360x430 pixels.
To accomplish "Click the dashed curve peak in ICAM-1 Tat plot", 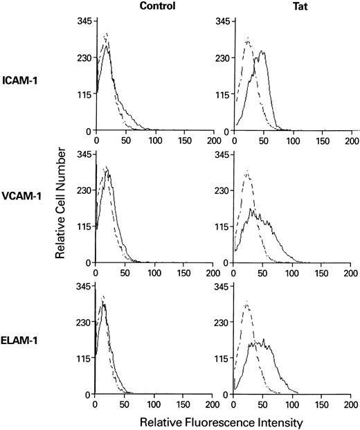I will click(x=248, y=38).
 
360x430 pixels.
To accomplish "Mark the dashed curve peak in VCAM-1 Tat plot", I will click(x=248, y=171).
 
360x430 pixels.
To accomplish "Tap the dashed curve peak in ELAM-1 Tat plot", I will click(x=248, y=302).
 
